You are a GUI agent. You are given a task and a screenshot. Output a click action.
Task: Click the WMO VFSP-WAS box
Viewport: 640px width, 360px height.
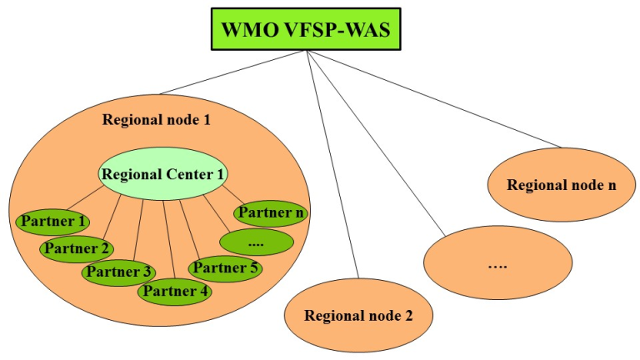click(x=307, y=32)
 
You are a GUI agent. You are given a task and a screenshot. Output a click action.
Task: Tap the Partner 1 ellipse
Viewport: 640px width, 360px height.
click(x=52, y=222)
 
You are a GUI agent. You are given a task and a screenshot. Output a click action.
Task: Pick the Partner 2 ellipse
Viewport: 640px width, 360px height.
click(x=77, y=247)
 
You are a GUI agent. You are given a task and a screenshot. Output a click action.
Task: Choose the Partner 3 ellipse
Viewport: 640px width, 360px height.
click(x=117, y=271)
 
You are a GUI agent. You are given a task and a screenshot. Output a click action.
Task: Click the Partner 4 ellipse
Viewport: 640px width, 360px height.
click(x=174, y=292)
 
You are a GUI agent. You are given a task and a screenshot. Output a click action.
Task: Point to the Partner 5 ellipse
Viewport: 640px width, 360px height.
click(x=224, y=267)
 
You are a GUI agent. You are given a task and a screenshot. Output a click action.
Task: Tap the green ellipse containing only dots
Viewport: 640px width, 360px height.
click(x=256, y=242)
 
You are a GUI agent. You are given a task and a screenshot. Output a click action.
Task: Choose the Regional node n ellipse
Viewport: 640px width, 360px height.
click(x=561, y=184)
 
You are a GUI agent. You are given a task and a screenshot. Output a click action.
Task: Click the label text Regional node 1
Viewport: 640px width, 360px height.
click(x=156, y=119)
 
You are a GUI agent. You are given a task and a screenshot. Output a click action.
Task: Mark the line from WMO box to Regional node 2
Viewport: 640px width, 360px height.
click(x=333, y=167)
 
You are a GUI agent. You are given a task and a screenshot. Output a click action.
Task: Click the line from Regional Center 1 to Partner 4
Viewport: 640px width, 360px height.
click(x=169, y=242)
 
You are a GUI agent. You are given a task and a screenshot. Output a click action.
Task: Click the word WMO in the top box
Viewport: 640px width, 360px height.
click(x=251, y=32)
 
